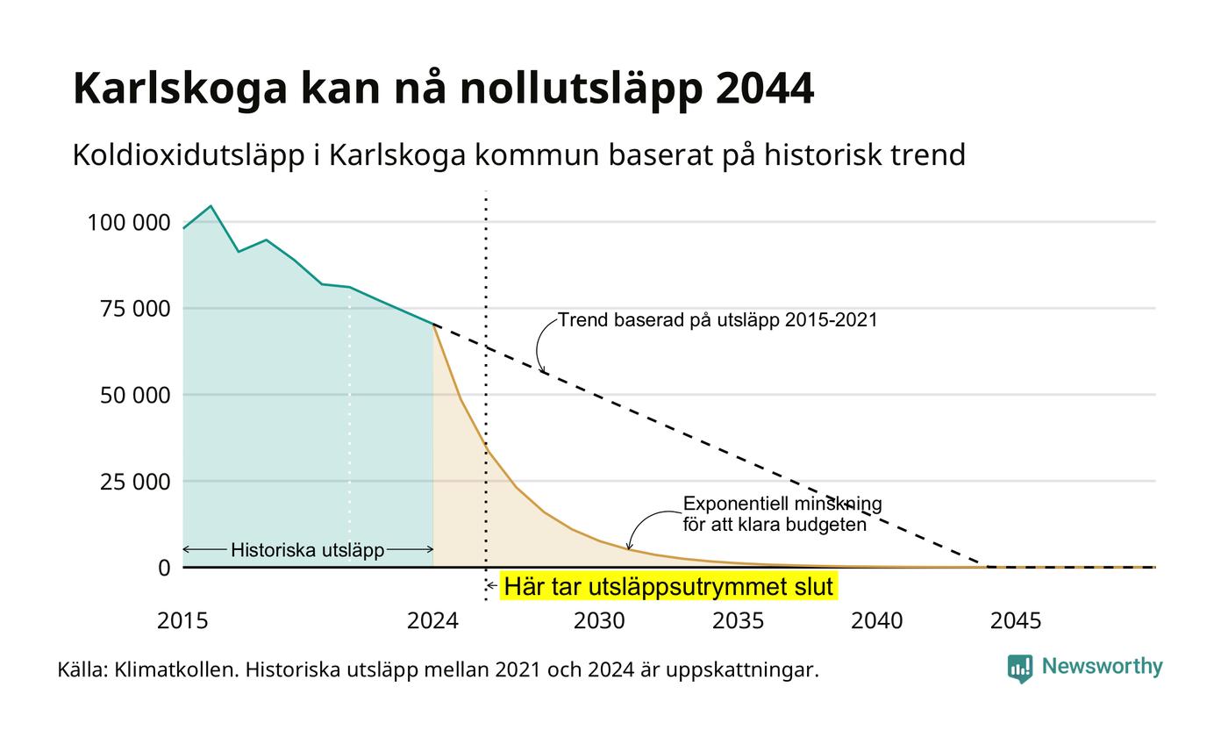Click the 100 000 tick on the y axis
tap(129, 223)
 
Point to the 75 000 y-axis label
tap(135, 309)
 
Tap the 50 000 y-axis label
tap(135, 395)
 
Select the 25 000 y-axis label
tap(135, 482)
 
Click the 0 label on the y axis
tap(164, 569)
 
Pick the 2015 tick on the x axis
tap(182, 621)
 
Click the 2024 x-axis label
tap(432, 621)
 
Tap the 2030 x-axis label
tap(599, 621)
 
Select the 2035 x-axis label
tap(738, 621)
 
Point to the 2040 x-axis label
tap(876, 621)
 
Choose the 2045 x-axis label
tap(1016, 621)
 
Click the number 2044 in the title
tap(764, 88)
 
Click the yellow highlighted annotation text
tap(668, 586)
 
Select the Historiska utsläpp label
tap(308, 550)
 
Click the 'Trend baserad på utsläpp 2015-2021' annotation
tap(718, 319)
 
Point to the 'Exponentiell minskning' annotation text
tap(782, 504)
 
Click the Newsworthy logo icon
tap(1019, 669)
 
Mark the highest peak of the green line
tap(211, 206)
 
